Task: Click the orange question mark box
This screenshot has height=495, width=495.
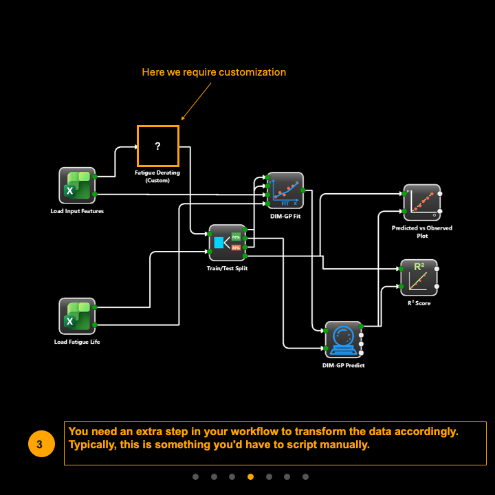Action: click(x=157, y=146)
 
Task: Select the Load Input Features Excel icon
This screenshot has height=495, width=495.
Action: click(x=76, y=186)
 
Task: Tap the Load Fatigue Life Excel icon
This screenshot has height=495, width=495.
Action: click(x=76, y=316)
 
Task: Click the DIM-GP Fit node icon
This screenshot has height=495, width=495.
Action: click(x=285, y=190)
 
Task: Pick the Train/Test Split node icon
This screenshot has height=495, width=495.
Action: click(x=228, y=243)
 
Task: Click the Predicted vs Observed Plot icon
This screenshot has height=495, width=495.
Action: click(x=421, y=202)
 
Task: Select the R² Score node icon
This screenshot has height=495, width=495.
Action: click(x=419, y=277)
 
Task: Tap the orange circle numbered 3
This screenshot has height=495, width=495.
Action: click(x=39, y=445)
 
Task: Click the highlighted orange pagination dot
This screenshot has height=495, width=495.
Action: click(x=250, y=476)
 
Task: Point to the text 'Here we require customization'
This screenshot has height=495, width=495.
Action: click(x=214, y=72)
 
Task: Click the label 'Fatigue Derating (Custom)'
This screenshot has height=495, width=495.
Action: click(x=157, y=176)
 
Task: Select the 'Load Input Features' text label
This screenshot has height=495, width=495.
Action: click(x=77, y=211)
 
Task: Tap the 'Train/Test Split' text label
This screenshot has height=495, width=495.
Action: click(x=228, y=268)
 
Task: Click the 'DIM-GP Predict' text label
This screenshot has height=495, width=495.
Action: click(x=344, y=365)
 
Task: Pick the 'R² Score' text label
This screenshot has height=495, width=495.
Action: click(x=419, y=302)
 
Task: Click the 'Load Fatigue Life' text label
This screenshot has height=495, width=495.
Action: click(x=77, y=342)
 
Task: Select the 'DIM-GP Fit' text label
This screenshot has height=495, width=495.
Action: click(x=285, y=216)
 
